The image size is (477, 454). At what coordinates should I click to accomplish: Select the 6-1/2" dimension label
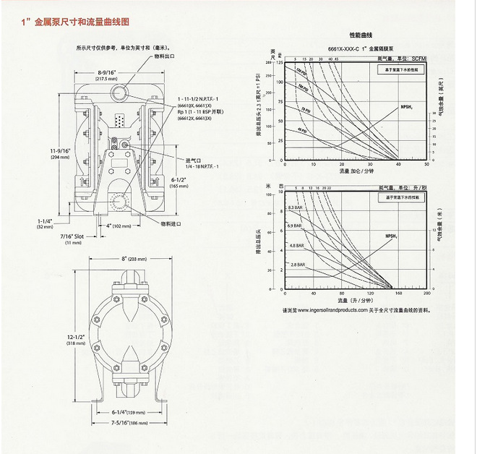pyautogui.click(x=179, y=181)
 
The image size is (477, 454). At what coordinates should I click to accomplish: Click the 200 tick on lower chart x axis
pyautogui.click(x=427, y=294)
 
